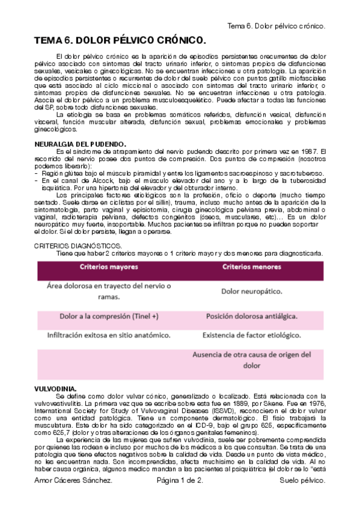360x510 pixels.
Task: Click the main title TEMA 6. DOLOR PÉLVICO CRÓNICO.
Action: (x=120, y=41)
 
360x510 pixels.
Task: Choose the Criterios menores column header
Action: (x=251, y=266)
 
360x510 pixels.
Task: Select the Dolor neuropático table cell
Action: (x=251, y=291)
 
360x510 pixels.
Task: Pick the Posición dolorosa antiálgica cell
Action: (x=251, y=316)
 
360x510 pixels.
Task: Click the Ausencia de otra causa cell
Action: (x=251, y=359)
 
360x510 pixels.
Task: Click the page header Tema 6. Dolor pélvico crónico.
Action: (x=277, y=26)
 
